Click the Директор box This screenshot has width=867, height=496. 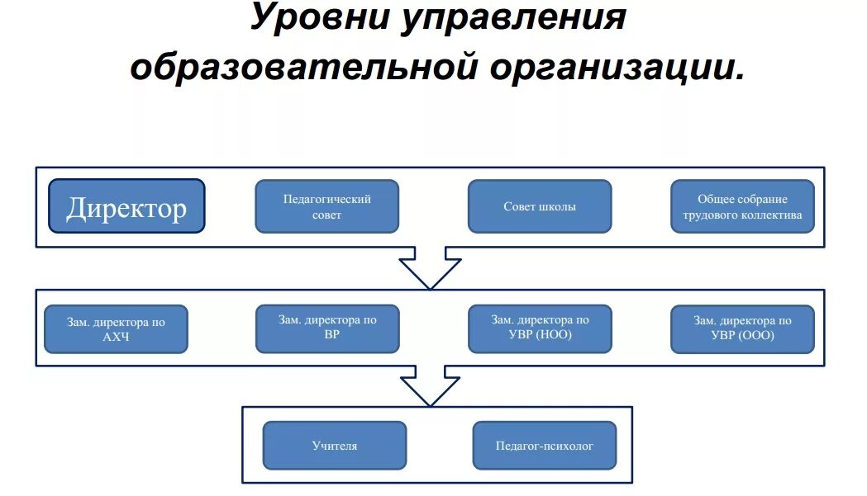pyautogui.click(x=126, y=206)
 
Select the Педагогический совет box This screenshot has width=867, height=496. pyautogui.click(x=327, y=206)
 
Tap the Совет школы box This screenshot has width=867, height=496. pyautogui.click(x=540, y=206)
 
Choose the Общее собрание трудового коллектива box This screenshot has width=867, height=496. pyautogui.click(x=742, y=206)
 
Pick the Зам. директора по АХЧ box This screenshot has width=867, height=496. pyautogui.click(x=116, y=329)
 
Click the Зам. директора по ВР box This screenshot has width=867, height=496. pyautogui.click(x=327, y=328)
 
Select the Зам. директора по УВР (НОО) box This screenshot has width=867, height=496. pyautogui.click(x=540, y=328)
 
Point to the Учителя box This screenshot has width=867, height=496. pyautogui.click(x=335, y=446)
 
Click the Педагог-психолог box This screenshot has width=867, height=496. pyautogui.click(x=545, y=446)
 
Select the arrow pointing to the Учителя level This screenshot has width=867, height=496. pyautogui.click(x=431, y=385)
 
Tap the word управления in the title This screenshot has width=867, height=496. pyautogui.click(x=513, y=18)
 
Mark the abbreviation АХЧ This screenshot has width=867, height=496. pyautogui.click(x=116, y=337)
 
